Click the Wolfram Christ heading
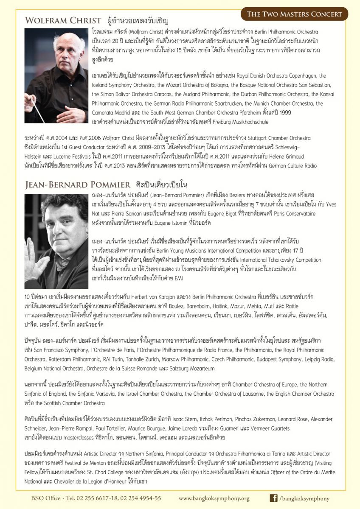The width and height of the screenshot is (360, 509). [63, 21]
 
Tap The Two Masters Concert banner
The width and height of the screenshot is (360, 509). [294, 14]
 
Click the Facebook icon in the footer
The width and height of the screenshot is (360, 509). [274, 498]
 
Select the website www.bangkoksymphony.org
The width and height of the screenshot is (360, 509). [214, 498]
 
